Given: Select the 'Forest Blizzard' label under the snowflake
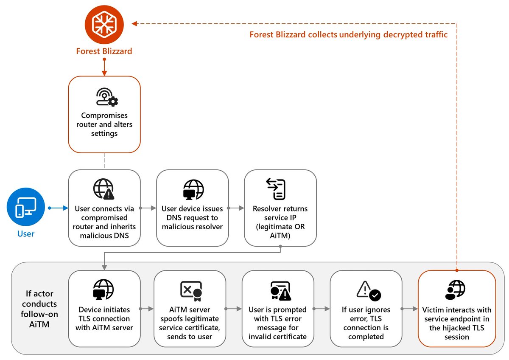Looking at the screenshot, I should tap(104, 51).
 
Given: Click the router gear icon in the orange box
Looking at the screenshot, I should tap(104, 98).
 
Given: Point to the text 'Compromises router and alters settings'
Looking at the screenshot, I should tap(104, 124).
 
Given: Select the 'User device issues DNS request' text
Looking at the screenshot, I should tap(192, 217).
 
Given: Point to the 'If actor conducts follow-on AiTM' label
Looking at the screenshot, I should tap(39, 304).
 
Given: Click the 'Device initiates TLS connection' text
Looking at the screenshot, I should tap(104, 318).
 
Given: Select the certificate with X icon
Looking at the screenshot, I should tap(190, 290).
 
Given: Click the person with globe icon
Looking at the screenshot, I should tap(456, 290).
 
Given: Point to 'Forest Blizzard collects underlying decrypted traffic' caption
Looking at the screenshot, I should tap(348, 35).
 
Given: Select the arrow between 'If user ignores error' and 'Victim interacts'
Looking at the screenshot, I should tap(409, 309).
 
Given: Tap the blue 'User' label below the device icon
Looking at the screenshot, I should tap(26, 233).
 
